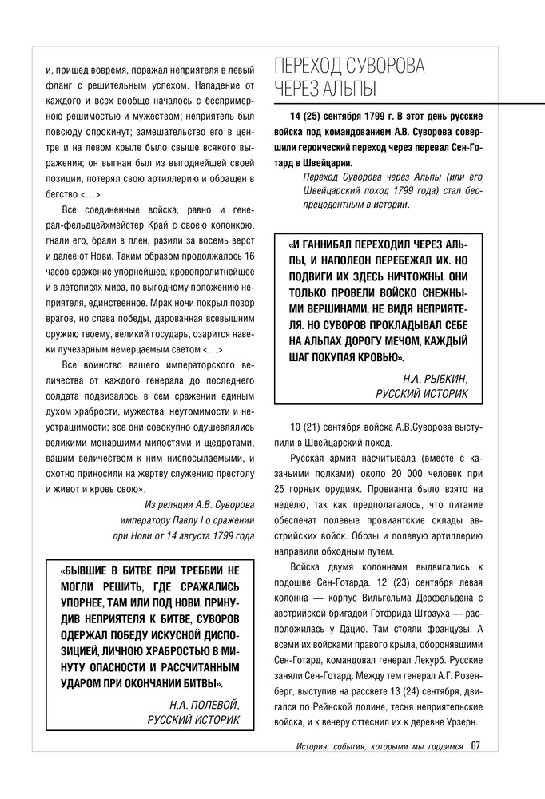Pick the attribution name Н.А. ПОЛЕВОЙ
[x=204, y=705]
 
